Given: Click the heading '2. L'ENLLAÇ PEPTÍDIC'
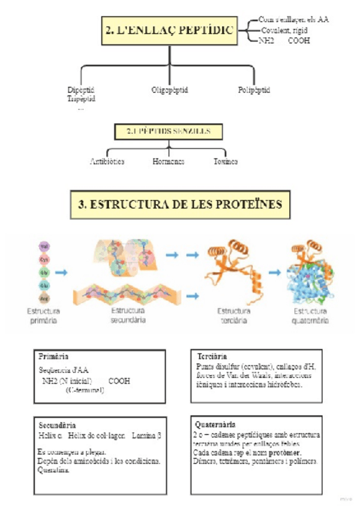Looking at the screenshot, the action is coord(170,29).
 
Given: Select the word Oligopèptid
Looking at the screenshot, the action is coord(170,90).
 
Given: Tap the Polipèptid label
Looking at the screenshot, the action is coord(254,90).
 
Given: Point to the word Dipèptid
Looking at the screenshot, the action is coord(82,90).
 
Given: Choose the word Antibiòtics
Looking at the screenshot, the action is coord(107,161).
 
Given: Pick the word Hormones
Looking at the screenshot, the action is coord(168,161).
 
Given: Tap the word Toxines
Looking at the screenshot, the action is coord(226,161).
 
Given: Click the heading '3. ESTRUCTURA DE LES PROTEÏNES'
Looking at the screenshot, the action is coord(179,205).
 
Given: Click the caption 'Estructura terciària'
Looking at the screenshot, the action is coord(233,316).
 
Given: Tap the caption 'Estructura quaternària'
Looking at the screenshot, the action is coord(311,316).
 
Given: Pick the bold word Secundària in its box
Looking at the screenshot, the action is coord(56,425).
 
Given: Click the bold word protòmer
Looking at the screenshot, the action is coord(286,451).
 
